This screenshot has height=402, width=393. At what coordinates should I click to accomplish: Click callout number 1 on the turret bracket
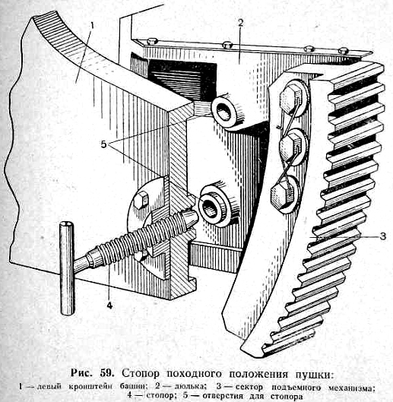pos(92,26)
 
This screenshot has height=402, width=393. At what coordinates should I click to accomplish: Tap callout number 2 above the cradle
pos(240,23)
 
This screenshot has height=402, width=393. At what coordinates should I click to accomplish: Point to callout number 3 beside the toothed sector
pos(382,236)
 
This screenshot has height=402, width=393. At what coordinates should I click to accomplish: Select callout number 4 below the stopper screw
pos(109,305)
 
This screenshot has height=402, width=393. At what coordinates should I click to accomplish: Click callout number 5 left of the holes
pos(103,144)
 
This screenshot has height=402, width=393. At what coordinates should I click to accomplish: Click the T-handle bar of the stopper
pos(67,268)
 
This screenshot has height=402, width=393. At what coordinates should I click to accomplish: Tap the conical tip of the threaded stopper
pos(190,218)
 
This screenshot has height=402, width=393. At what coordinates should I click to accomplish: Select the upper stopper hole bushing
pos(224,112)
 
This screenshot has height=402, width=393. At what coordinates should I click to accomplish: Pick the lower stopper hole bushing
pos(212,206)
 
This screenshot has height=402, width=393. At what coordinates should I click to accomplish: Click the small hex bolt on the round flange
pos(141,198)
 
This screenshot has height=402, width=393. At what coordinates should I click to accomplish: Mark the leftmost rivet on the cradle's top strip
pos(153,41)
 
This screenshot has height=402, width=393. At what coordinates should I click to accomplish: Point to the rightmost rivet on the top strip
pos(343,50)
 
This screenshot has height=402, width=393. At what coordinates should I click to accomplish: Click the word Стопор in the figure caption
pos(141,375)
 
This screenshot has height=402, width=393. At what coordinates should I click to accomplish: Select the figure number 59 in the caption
pos(106,373)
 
